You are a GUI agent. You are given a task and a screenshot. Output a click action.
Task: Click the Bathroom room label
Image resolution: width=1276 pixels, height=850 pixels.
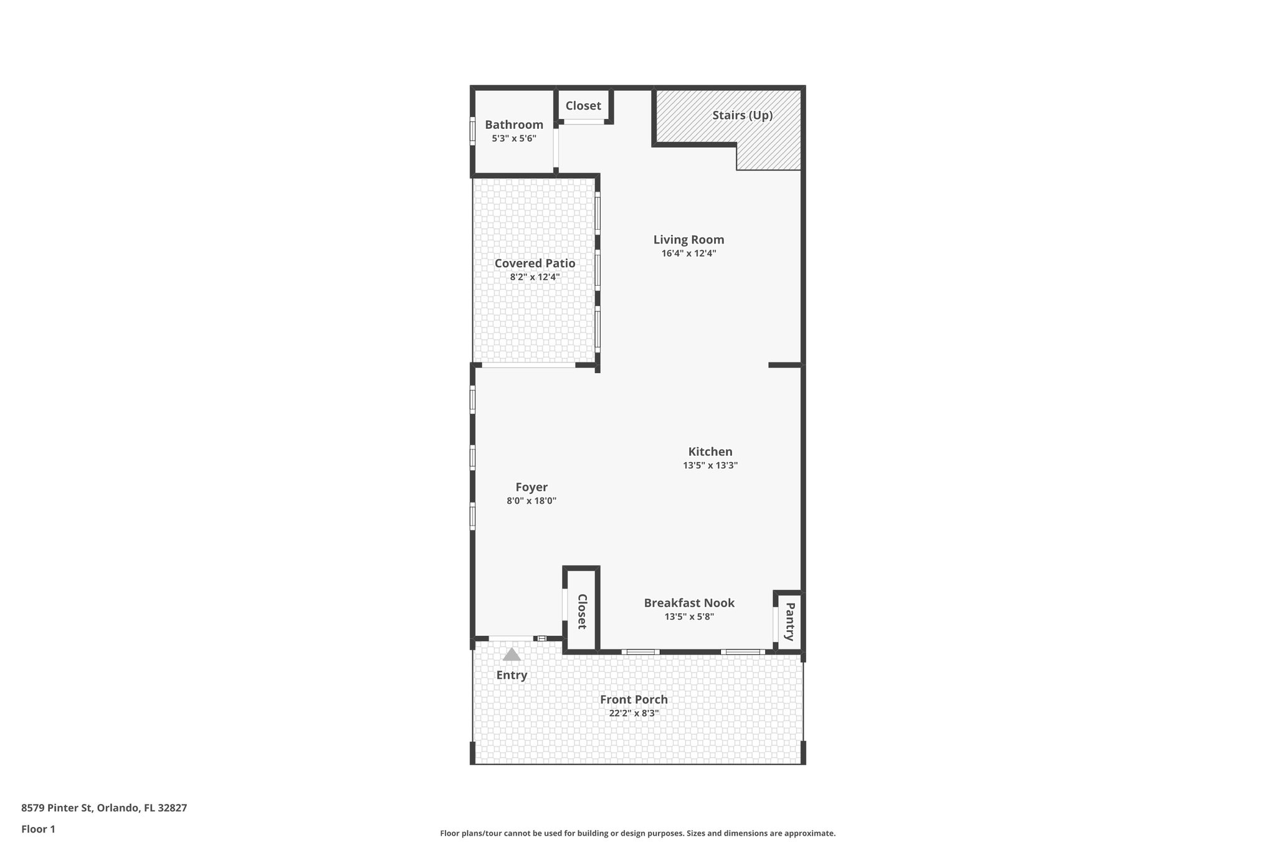pos(514,125)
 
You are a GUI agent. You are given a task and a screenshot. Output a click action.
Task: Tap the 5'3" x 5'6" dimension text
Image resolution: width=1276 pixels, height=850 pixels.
pos(514,138)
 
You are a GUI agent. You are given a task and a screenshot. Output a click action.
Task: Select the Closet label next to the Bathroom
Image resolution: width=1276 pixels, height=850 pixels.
pos(583,106)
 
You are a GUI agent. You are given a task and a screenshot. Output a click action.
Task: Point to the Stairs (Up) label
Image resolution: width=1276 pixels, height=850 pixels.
pos(742,115)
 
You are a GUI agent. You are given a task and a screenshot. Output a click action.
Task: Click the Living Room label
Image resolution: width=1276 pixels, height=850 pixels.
pos(688,240)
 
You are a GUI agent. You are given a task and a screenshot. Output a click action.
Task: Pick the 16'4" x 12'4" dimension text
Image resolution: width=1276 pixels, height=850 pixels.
pos(688,253)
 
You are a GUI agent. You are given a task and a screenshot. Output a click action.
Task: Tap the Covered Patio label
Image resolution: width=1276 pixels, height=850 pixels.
pos(535,263)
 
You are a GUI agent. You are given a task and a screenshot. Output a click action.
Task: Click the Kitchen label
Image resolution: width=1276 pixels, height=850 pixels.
pos(710,451)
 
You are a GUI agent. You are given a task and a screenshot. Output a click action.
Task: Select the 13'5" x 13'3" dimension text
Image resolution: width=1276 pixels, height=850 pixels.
pos(710,465)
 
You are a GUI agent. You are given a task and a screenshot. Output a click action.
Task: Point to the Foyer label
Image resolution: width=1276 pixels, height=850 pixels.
pos(531,487)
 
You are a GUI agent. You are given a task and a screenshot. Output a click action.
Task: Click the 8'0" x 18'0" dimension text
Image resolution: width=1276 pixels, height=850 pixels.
pos(531,501)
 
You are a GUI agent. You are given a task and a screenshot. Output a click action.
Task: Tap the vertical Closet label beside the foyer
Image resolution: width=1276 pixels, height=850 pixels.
pos(582,611)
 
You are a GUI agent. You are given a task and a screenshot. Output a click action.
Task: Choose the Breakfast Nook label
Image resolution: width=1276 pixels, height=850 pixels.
pos(689,603)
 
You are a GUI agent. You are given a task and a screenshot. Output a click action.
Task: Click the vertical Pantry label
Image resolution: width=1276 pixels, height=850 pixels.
pos(789,621)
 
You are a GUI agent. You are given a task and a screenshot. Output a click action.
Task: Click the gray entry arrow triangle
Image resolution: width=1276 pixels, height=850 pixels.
pos(512,655)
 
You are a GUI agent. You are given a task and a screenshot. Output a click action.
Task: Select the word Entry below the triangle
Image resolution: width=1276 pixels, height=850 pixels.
pos(512,675)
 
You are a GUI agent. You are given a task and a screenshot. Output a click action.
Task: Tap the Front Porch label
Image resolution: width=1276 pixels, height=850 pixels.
pos(634,699)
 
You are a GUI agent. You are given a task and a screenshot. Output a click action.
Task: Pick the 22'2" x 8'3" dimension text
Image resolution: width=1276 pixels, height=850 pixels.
pos(634,713)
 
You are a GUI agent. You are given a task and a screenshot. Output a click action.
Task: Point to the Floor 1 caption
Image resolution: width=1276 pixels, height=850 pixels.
pos(38,829)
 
